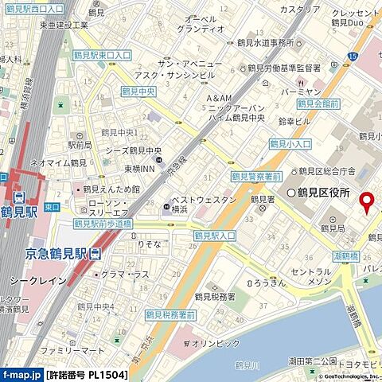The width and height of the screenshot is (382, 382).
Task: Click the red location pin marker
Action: click(x=366, y=203)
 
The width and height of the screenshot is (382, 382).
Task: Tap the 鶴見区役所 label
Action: click(x=324, y=193)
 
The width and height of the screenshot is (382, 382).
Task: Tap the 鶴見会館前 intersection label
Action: click(x=318, y=103)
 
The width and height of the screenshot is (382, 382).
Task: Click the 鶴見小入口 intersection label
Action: click(x=288, y=144)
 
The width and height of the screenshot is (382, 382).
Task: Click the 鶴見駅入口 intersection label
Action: click(x=215, y=236)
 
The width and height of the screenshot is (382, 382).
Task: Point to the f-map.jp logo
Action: click(x=21, y=373)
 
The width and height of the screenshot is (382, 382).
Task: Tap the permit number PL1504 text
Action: click(x=88, y=373)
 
